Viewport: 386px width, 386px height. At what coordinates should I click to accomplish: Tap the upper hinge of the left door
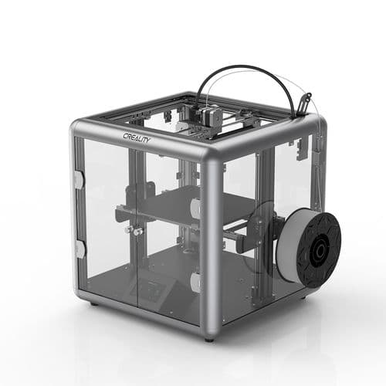[79, 179]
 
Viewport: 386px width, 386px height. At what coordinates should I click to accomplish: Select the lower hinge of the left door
[80, 249]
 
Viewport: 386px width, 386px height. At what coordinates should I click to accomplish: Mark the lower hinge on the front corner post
[195, 284]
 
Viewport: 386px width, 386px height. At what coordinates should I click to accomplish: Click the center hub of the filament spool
[317, 249]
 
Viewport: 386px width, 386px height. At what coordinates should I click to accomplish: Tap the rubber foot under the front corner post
[209, 338]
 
